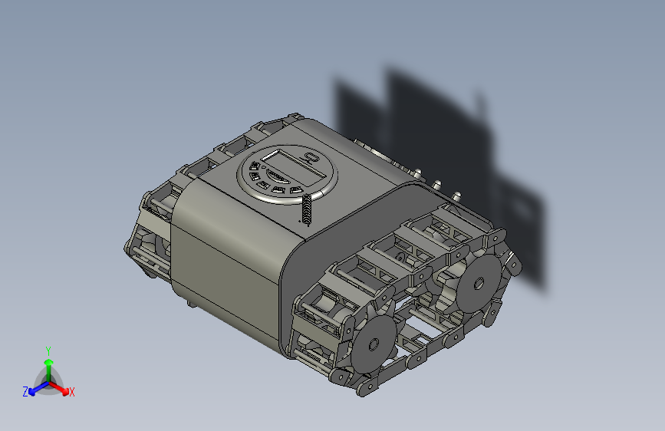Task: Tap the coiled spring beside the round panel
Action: [307, 209]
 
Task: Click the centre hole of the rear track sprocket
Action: [478, 285]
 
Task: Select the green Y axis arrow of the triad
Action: [48, 365]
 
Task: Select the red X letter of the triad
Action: [72, 393]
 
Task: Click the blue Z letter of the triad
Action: [25, 392]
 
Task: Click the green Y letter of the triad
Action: [48, 350]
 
